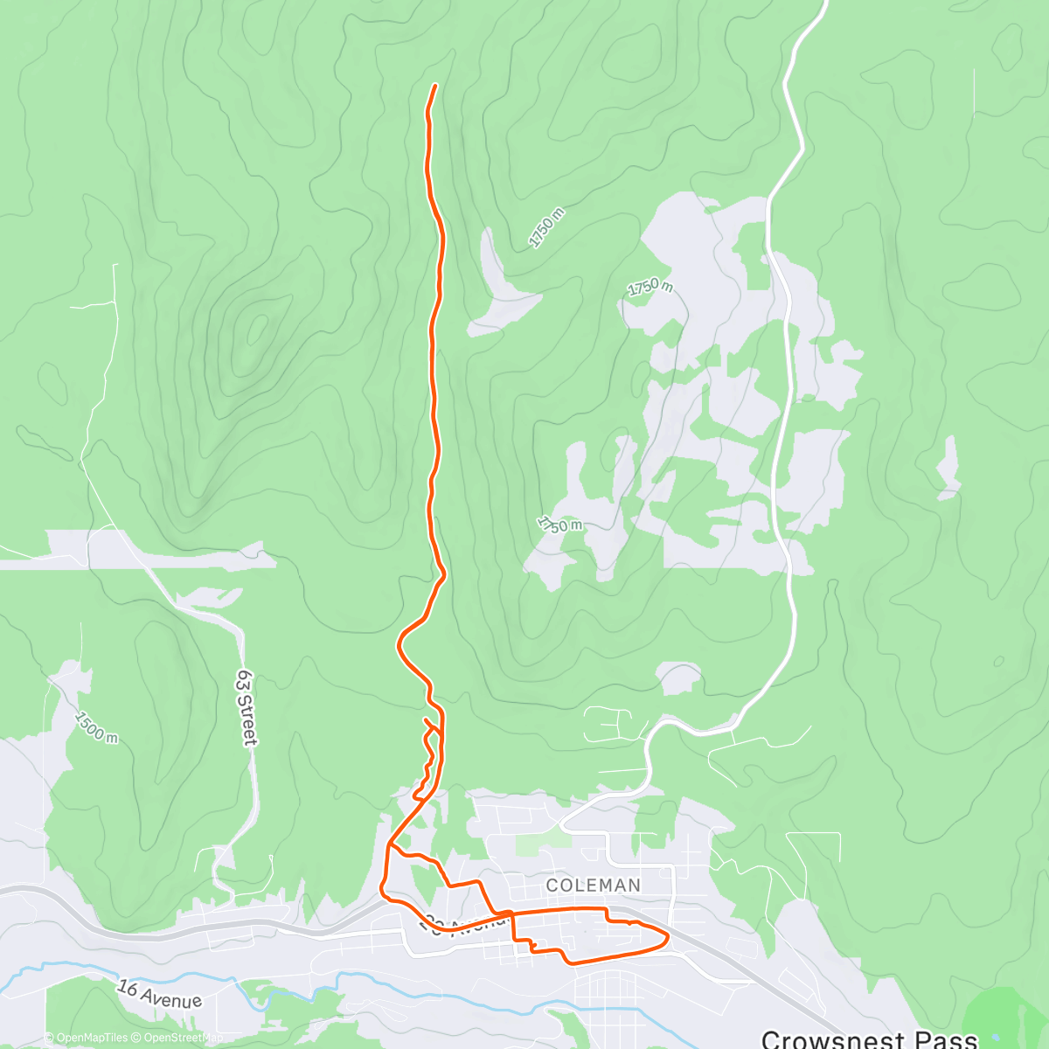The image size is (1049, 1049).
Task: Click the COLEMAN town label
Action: coord(594,886)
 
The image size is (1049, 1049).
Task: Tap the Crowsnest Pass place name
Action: coord(869,1039)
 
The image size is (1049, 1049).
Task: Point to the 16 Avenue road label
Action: coord(160,994)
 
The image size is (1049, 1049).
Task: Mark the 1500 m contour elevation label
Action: coord(96,728)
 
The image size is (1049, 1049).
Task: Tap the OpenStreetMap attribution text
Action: coord(180,1038)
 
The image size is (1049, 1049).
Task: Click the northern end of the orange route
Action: coord(434,86)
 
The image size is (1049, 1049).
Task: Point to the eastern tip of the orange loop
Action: coord(668,938)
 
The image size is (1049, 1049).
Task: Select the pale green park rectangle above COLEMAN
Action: coord(542,844)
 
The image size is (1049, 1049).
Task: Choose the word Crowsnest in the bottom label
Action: coord(830,1039)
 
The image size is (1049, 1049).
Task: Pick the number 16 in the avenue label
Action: coord(128,988)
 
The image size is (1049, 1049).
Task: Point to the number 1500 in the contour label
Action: coord(91,724)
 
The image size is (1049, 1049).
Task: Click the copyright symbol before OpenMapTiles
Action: coord(50,1038)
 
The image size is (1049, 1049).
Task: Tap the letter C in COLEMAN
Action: coord(552,886)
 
